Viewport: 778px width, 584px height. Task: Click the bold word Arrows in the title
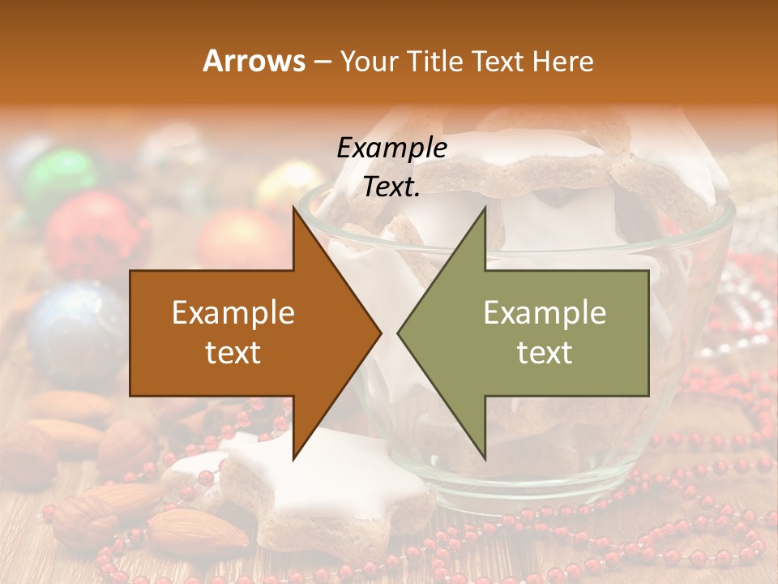[x=254, y=61]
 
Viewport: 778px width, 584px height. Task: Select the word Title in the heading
[x=435, y=61]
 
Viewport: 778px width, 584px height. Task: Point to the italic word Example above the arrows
[x=391, y=148]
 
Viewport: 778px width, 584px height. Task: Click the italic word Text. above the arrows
[x=391, y=187]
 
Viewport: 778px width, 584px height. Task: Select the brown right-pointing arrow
[x=243, y=333]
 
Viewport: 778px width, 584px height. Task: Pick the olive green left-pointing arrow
[x=535, y=333]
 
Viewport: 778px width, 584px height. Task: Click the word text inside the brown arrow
[x=233, y=352]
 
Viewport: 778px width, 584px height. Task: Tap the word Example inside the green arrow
[x=545, y=312]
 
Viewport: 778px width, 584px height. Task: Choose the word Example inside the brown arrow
[x=233, y=312]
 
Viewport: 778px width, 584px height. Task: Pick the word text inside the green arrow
[x=545, y=352]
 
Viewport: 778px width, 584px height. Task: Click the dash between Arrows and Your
[x=321, y=61]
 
